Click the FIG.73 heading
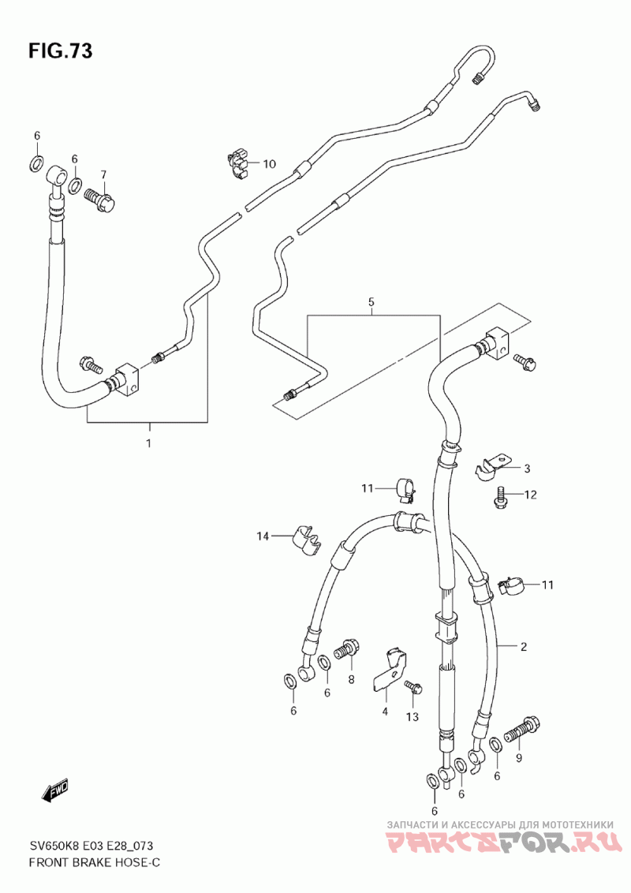pos(61,51)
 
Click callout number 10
pos(269,164)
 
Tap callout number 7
pos(103,174)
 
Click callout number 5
pos(371,302)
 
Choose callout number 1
pos(148,443)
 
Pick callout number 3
pos(528,468)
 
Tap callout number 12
pos(530,495)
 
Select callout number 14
pos(262,536)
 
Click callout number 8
pos(351,679)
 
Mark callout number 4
pos(385,711)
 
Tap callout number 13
pos(412,716)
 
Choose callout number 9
pos(519,757)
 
